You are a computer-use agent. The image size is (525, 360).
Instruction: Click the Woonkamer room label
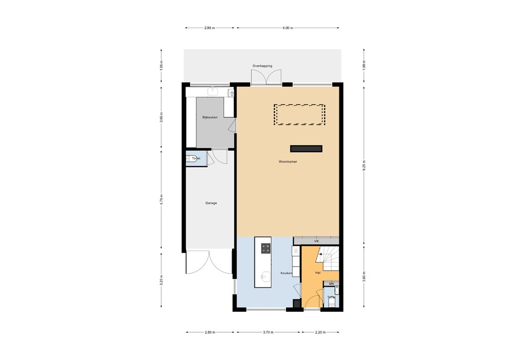(x=288, y=162)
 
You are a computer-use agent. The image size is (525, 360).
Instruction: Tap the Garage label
(x=211, y=203)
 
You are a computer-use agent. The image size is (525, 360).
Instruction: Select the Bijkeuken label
(x=210, y=117)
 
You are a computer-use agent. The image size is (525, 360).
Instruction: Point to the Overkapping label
(x=262, y=66)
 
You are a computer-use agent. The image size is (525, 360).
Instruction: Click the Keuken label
(x=286, y=273)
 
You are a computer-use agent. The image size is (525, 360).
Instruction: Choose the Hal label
(x=318, y=273)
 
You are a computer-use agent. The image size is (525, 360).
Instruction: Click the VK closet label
(x=316, y=241)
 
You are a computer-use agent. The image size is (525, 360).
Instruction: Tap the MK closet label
(x=331, y=284)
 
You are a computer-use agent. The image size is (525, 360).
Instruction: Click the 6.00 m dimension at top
(x=288, y=28)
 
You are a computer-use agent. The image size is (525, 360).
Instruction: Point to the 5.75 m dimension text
(x=161, y=199)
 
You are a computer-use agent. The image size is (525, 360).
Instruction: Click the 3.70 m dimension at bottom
(x=268, y=332)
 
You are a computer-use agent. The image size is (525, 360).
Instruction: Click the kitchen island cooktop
(x=266, y=249)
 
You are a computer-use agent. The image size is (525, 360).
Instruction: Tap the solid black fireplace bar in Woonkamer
(x=306, y=149)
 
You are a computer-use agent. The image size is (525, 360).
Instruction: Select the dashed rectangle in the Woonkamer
(x=299, y=115)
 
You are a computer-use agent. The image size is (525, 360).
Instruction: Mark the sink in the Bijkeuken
(x=213, y=92)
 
